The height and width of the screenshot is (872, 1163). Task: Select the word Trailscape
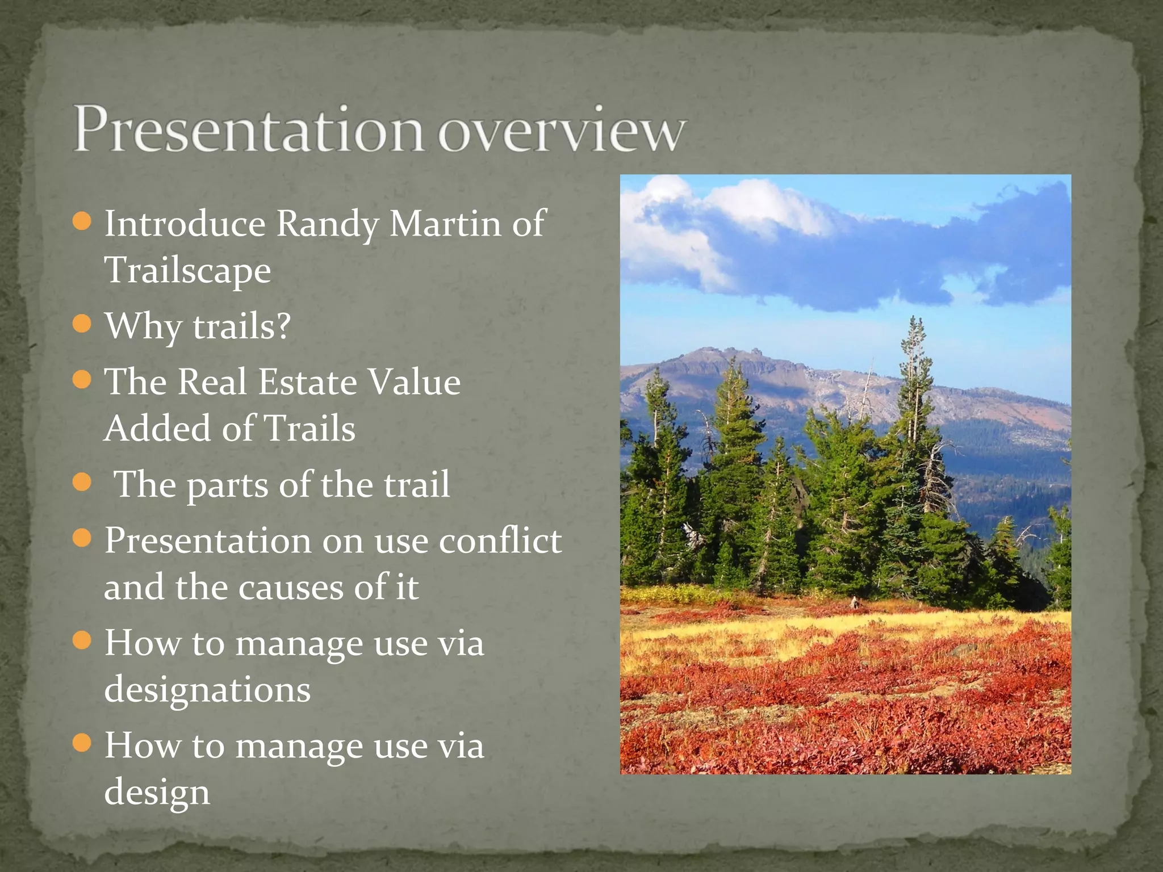[188, 270]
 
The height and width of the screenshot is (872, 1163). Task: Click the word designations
[207, 690]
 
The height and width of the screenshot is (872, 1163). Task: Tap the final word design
[157, 793]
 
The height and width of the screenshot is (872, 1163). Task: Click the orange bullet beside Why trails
[82, 324]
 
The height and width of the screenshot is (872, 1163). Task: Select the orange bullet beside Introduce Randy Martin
[82, 221]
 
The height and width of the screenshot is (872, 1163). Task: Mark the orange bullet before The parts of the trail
[82, 483]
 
